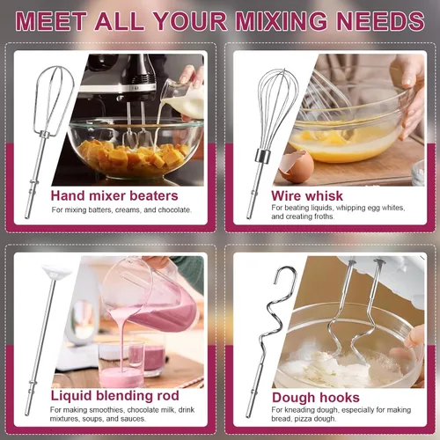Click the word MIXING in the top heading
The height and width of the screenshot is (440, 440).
click(x=282, y=20)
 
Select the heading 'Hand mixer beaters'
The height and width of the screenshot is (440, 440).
click(x=114, y=195)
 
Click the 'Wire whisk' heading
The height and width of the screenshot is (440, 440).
click(x=307, y=195)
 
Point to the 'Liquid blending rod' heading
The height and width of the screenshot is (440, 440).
click(x=114, y=396)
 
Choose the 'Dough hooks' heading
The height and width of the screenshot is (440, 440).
click(x=316, y=398)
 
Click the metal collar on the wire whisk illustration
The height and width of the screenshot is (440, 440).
click(x=263, y=156)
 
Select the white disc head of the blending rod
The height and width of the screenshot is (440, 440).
click(x=56, y=271)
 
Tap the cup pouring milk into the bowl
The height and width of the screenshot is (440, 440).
click(x=182, y=97)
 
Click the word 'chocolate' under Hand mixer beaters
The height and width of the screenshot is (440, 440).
click(x=174, y=210)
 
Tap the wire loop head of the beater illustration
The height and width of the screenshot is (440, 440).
click(x=55, y=99)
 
